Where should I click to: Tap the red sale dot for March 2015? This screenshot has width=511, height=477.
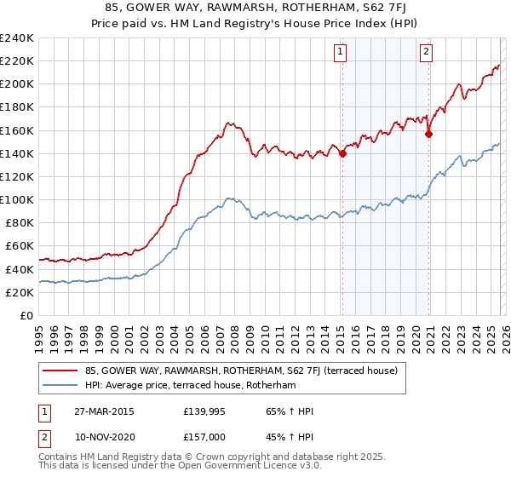click(x=342, y=154)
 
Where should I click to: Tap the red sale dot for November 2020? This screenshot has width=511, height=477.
click(x=428, y=134)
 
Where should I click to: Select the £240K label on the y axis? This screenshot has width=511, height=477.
click(x=17, y=38)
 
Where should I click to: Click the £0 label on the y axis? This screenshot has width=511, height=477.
click(x=26, y=315)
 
